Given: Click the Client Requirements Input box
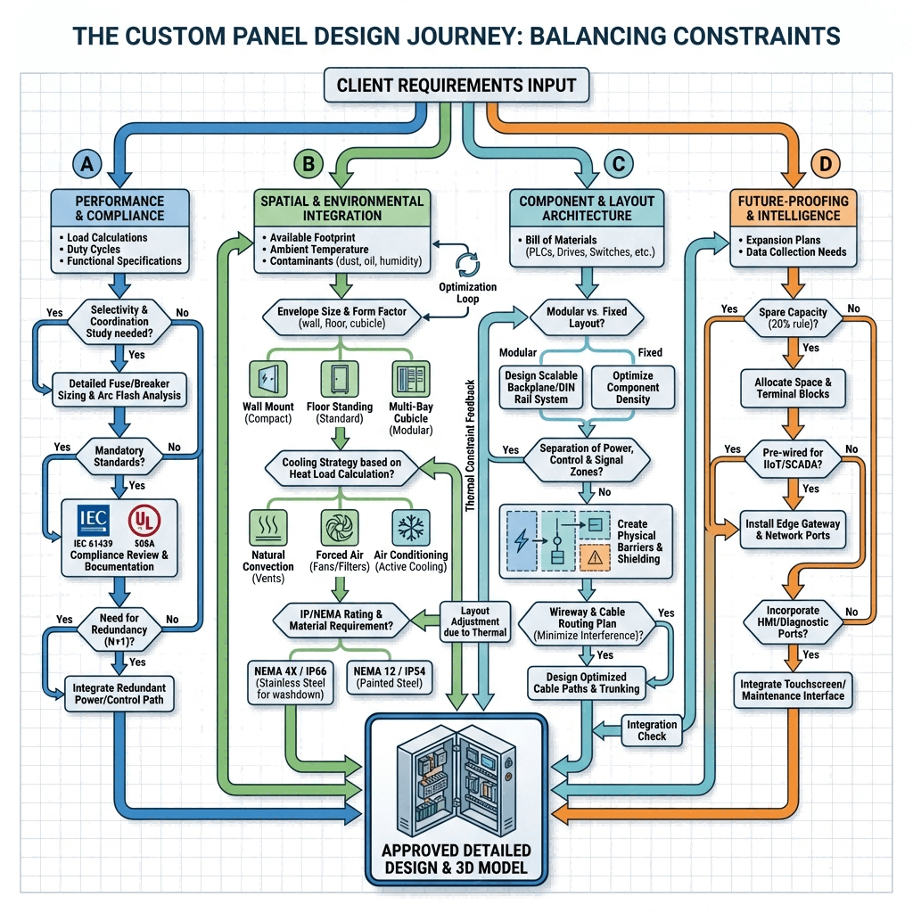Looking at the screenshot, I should tap(456, 86).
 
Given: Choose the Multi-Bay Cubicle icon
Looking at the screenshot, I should tap(410, 379).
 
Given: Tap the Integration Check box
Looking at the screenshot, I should tap(652, 729).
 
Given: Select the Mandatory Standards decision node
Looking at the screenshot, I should tap(119, 456).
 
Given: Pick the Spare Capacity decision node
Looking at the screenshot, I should tap(792, 318).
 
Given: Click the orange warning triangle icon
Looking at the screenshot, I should tap(593, 557).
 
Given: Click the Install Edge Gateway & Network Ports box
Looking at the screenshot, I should tap(793, 529).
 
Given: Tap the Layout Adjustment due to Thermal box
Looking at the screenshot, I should tap(475, 621).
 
